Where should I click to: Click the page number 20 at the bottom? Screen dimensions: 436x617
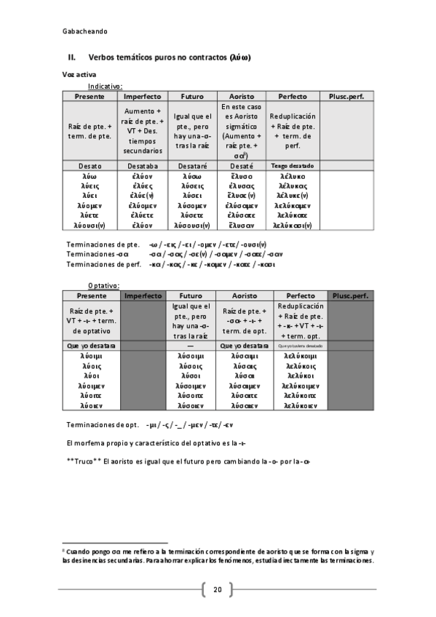(217, 589)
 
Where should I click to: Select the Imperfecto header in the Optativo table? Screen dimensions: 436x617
(143, 296)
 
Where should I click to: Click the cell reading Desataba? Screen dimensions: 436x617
(143, 166)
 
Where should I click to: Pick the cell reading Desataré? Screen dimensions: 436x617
(193, 166)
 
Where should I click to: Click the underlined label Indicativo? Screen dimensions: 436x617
(105, 86)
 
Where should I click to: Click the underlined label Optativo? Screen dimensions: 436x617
(103, 287)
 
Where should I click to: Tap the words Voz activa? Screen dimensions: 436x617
(79, 75)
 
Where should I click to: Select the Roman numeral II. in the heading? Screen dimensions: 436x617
(72, 57)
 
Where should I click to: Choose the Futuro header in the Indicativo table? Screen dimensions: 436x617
(193, 96)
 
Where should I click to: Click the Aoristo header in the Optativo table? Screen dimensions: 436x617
(243, 296)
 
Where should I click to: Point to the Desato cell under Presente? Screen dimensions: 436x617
(90, 166)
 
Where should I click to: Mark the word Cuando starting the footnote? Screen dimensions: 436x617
(79, 552)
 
